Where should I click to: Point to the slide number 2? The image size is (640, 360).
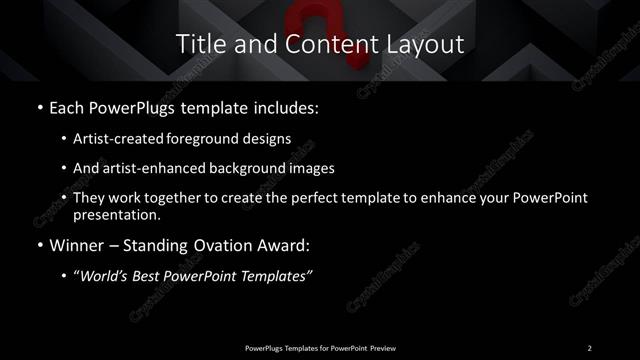tap(589, 347)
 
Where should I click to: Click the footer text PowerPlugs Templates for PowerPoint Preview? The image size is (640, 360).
tap(319, 347)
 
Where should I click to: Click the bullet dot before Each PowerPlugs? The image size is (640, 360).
tap(39, 106)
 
